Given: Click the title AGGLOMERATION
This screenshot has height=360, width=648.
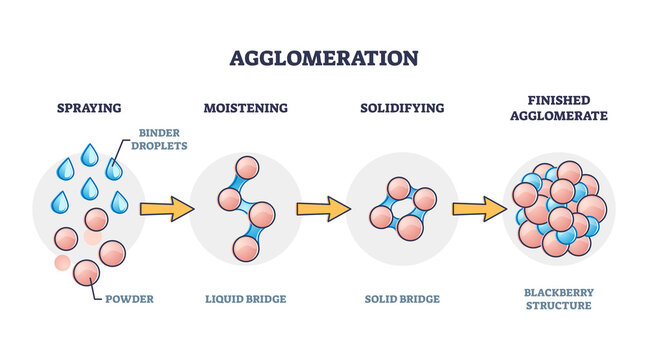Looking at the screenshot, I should (x=324, y=57).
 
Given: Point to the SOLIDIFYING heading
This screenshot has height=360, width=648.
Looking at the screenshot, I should (x=400, y=107).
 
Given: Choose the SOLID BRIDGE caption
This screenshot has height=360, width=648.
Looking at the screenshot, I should (x=400, y=298).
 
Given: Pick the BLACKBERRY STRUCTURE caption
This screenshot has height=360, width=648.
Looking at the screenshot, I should (x=559, y=298).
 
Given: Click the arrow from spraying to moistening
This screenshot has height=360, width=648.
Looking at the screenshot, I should (x=167, y=209).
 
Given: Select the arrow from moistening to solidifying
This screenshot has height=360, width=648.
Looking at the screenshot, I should (x=323, y=209).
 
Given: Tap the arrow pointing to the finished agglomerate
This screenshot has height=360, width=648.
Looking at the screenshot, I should (x=479, y=209).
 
